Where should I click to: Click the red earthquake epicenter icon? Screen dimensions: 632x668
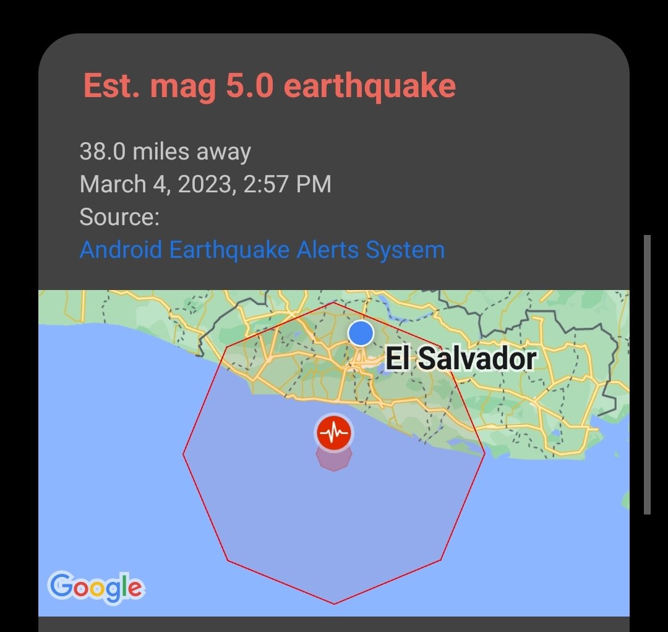[x=334, y=433]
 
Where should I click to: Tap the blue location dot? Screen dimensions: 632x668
[x=361, y=333]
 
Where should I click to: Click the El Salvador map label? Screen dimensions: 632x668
[x=460, y=359]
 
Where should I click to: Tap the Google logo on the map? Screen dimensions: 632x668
[x=96, y=587]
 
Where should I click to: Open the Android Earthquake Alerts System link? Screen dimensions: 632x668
[x=262, y=250]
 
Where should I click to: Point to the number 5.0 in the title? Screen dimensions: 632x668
[x=246, y=85]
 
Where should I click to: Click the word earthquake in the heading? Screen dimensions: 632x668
[x=370, y=85]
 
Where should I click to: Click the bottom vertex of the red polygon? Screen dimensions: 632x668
[x=334, y=604]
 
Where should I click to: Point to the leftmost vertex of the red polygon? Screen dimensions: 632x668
[x=184, y=454]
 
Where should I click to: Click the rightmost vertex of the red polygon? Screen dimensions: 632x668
[x=485, y=454]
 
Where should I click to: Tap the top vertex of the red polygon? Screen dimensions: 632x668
[x=334, y=303]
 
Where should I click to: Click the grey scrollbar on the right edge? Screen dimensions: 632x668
[x=647, y=374]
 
